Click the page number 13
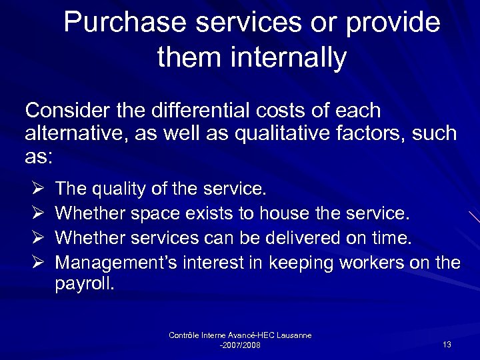[x=447, y=344]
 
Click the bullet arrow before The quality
[x=36, y=189]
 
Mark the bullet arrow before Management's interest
[x=36, y=262]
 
